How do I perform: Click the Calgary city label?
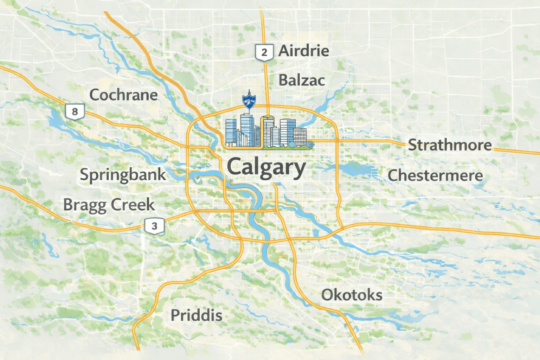266,167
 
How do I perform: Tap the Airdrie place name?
304,51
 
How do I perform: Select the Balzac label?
302,81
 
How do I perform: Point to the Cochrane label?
123,95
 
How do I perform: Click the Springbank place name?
123,175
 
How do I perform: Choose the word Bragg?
85,205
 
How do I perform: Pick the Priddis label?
196,315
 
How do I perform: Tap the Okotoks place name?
352,295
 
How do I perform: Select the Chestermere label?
435,175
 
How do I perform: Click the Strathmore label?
450,145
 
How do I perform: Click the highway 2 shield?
264,52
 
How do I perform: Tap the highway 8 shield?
75,112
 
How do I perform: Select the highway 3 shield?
154,226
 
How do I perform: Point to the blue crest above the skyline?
249,101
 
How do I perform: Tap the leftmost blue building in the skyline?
231,133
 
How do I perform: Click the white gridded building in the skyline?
300,137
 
